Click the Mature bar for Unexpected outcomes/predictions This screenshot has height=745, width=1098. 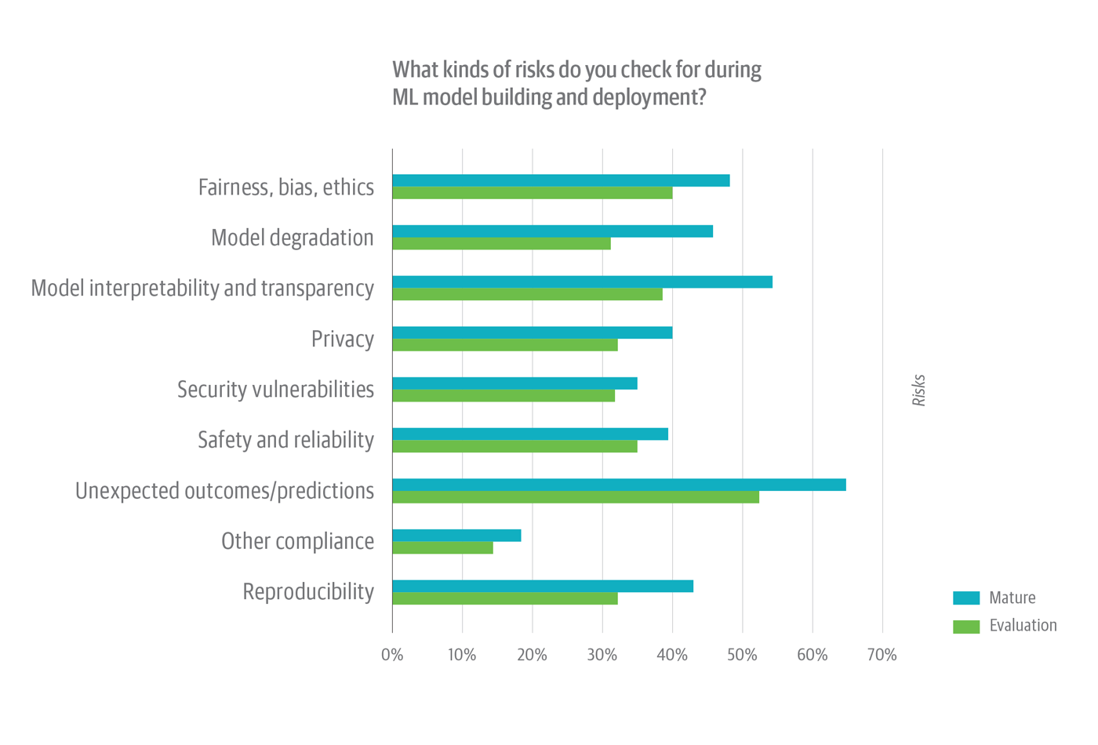click(x=619, y=485)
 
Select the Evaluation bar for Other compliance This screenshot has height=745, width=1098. click(x=442, y=548)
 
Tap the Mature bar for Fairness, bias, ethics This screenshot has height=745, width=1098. click(x=561, y=180)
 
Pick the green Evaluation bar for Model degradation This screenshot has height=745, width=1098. click(x=501, y=244)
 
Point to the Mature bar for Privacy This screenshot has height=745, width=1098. click(x=532, y=333)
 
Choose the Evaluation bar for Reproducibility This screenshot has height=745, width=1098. click(x=505, y=599)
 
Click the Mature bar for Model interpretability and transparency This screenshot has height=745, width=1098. click(x=582, y=282)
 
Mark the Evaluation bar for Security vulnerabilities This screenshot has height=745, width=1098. click(x=504, y=396)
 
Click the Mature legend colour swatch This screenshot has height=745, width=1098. click(x=965, y=598)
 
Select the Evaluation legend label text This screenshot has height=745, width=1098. click(x=1023, y=626)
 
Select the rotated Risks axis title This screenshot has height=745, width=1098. click(x=919, y=391)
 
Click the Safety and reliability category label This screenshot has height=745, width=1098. click(x=285, y=440)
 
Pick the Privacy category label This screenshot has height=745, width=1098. click(x=342, y=339)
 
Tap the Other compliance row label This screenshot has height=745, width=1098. click(x=297, y=541)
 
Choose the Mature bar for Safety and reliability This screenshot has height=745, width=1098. click(x=530, y=434)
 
